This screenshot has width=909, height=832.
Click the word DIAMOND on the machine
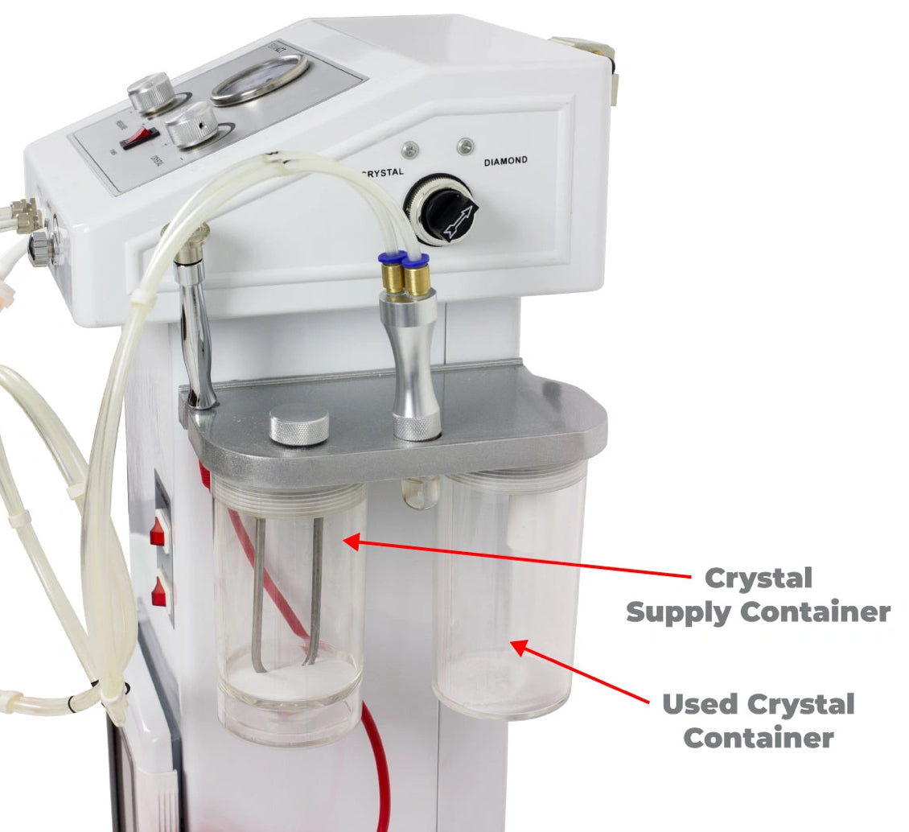(x=506, y=161)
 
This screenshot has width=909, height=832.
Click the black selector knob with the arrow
(x=447, y=211)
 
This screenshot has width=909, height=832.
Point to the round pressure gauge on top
(x=260, y=79)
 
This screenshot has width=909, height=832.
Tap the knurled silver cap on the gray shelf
(x=298, y=425)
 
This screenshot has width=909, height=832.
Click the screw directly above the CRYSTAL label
(x=410, y=149)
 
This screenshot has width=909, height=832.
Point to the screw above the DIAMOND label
(x=464, y=146)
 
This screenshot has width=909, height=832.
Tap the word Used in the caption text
(x=699, y=705)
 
